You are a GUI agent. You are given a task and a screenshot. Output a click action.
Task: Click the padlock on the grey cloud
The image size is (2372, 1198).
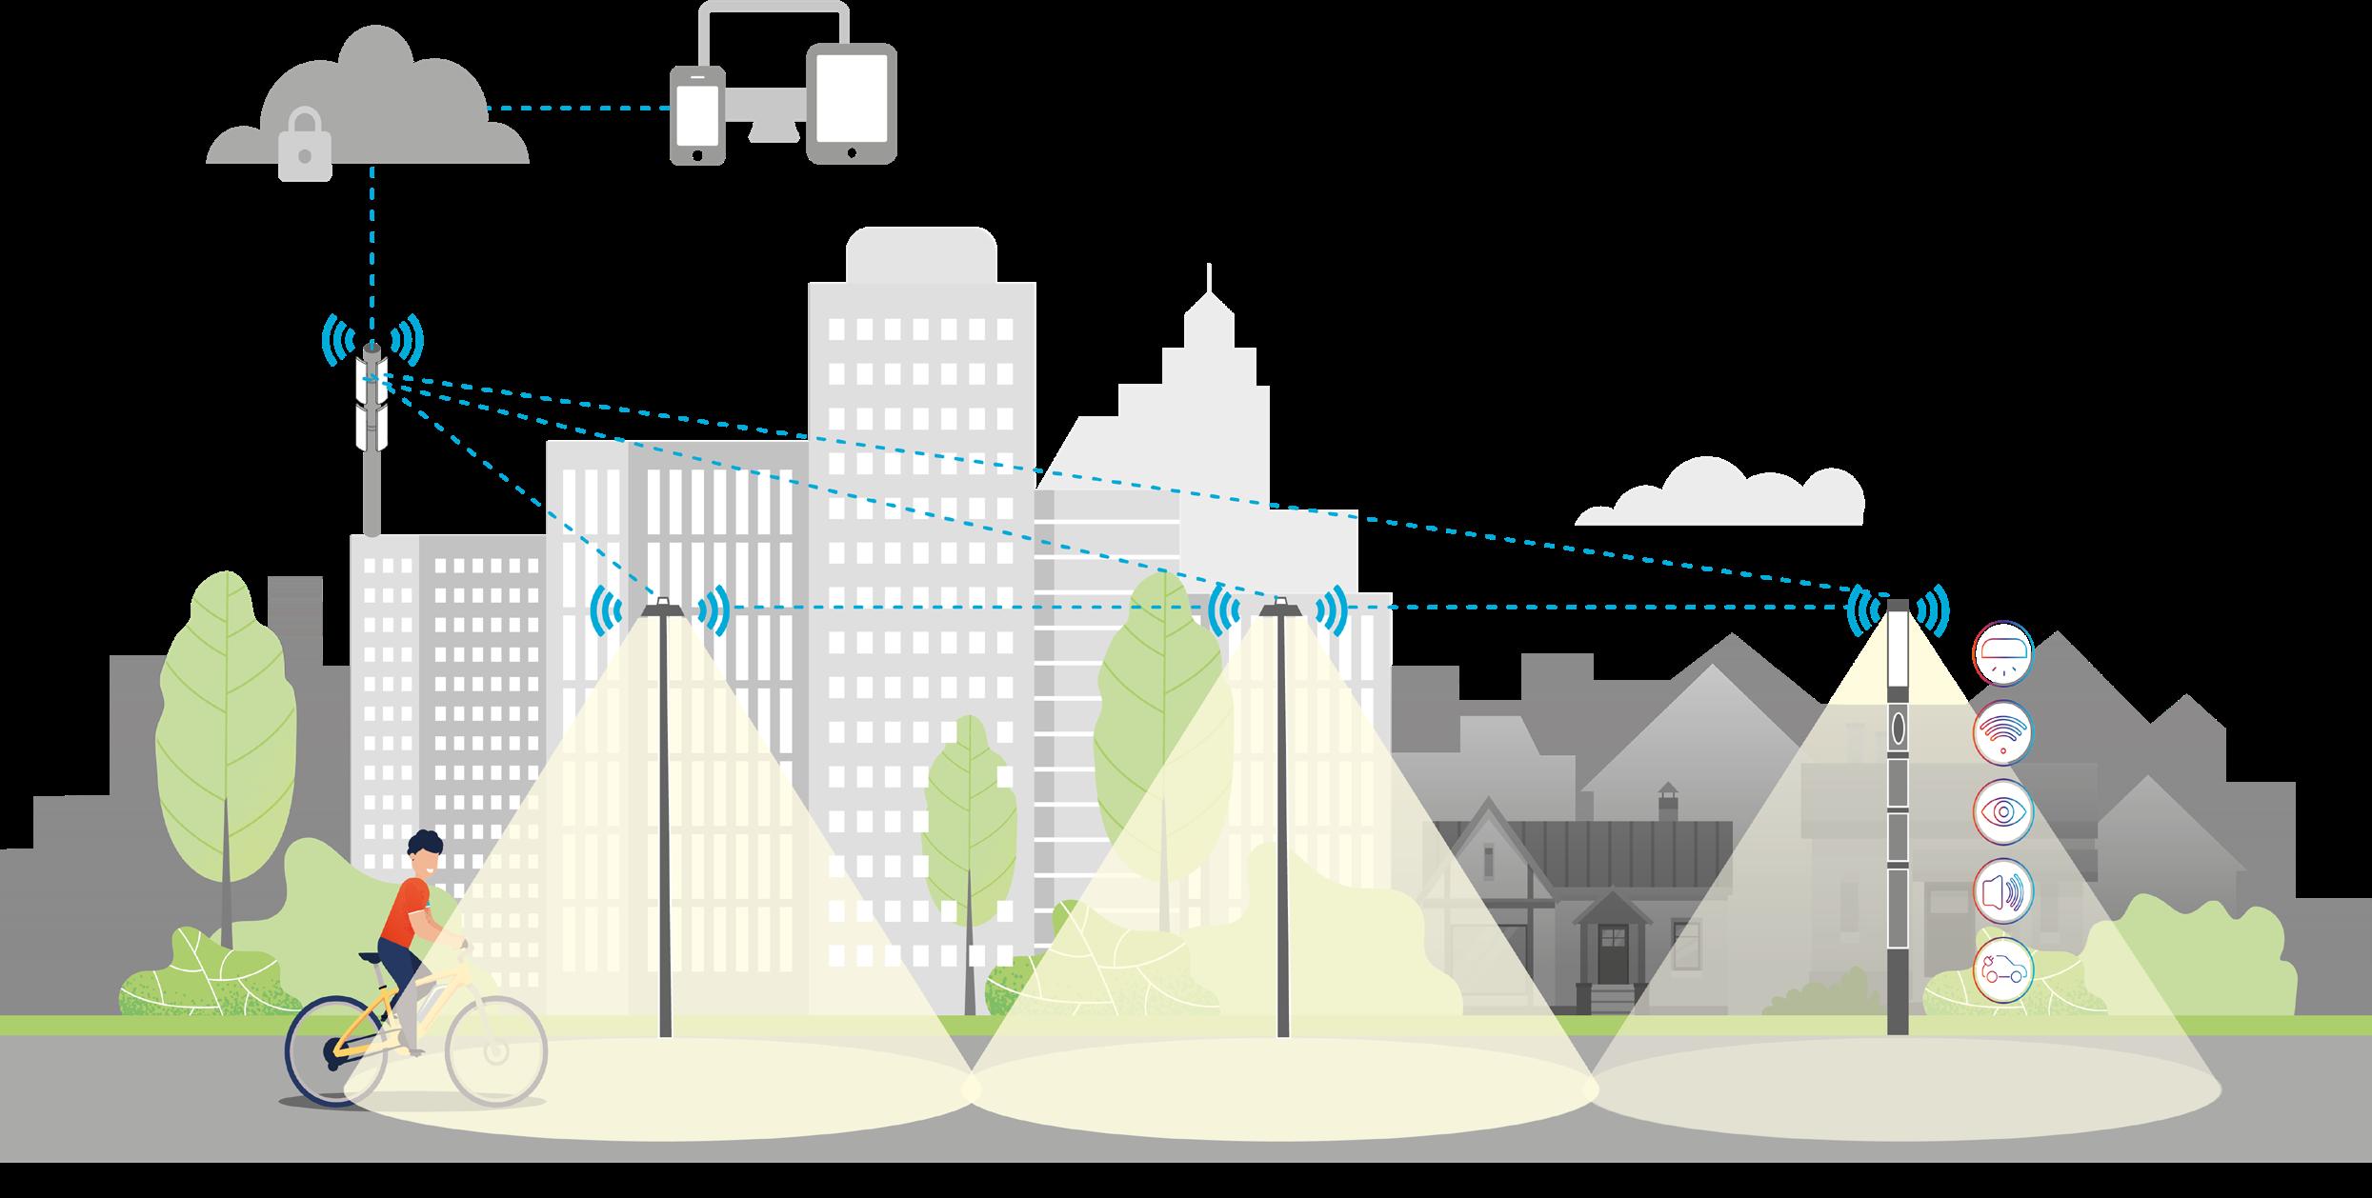pos(305,146)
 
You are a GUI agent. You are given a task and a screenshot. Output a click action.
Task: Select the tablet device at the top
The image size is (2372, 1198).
pos(851,103)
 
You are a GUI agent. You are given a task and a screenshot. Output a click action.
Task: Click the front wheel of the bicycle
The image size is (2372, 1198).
pos(496,1050)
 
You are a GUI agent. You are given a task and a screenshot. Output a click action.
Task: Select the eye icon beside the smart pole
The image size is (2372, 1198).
pos(2002,811)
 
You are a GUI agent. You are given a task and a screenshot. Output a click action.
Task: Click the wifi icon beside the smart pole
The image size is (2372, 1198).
pos(2002,732)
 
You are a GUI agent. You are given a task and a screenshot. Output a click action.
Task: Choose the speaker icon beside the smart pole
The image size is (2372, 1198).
pos(2002,891)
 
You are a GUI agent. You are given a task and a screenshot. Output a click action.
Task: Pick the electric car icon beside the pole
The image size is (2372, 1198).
pos(2002,970)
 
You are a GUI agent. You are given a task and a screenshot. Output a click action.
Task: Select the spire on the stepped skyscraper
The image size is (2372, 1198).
pos(1210,281)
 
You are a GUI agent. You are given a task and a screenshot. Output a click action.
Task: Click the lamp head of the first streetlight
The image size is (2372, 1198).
pos(662,607)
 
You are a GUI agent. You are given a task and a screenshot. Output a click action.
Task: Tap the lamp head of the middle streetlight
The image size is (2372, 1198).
pos(1281,607)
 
